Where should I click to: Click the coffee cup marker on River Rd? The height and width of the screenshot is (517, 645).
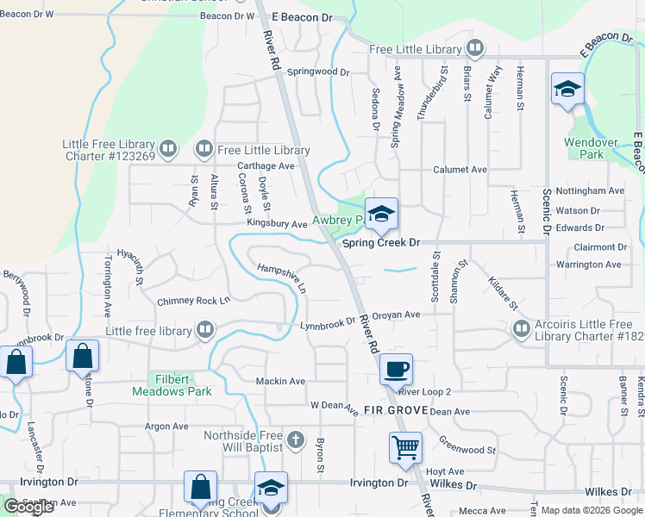coord(396,369)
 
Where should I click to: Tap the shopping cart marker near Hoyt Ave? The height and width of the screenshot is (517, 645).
coord(405,448)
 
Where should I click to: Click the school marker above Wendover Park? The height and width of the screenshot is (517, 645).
coord(568,89)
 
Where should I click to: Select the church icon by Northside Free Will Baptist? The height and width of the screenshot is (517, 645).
coord(296,440)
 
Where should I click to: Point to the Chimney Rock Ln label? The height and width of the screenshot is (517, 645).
coord(193,301)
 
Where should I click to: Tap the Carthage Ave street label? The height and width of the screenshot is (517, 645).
coord(266,165)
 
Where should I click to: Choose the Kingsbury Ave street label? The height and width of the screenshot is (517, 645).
coord(277,224)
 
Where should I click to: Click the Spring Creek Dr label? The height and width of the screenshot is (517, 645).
coord(380,244)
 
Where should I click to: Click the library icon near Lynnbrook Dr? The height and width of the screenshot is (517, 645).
coord(205,329)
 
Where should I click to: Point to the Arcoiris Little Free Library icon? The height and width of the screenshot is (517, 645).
coord(521,328)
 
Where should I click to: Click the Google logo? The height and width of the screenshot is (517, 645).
coord(28,507)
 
